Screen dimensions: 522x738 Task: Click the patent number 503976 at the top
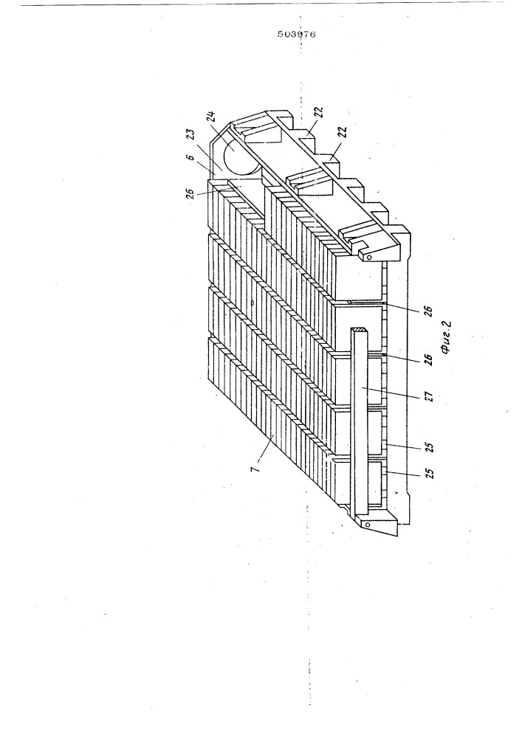[x=296, y=34]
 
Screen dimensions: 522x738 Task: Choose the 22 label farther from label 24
[x=343, y=132]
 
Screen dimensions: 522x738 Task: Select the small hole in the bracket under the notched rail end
[x=369, y=257]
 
